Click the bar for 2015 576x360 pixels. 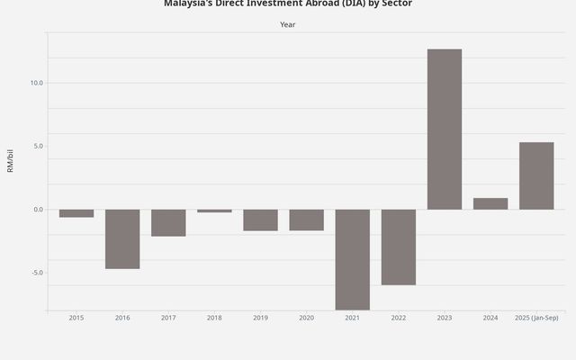76,213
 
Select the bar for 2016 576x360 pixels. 122,238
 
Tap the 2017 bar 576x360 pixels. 168,222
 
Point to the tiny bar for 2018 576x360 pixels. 214,211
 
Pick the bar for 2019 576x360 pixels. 260,220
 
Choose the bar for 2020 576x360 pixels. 306,220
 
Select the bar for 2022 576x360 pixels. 398,247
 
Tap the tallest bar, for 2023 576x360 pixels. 444,129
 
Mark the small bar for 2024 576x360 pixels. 490,203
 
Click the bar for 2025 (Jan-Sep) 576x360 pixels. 536,175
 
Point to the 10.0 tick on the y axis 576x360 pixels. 36,83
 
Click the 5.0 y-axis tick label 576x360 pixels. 37,146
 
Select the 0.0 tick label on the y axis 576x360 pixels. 37,210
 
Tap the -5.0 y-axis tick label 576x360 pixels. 36,273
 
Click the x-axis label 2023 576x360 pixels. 444,318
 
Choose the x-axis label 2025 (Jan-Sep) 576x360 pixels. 536,318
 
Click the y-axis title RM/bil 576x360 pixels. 11,161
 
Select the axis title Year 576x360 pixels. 287,24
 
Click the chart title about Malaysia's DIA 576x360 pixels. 287,4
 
